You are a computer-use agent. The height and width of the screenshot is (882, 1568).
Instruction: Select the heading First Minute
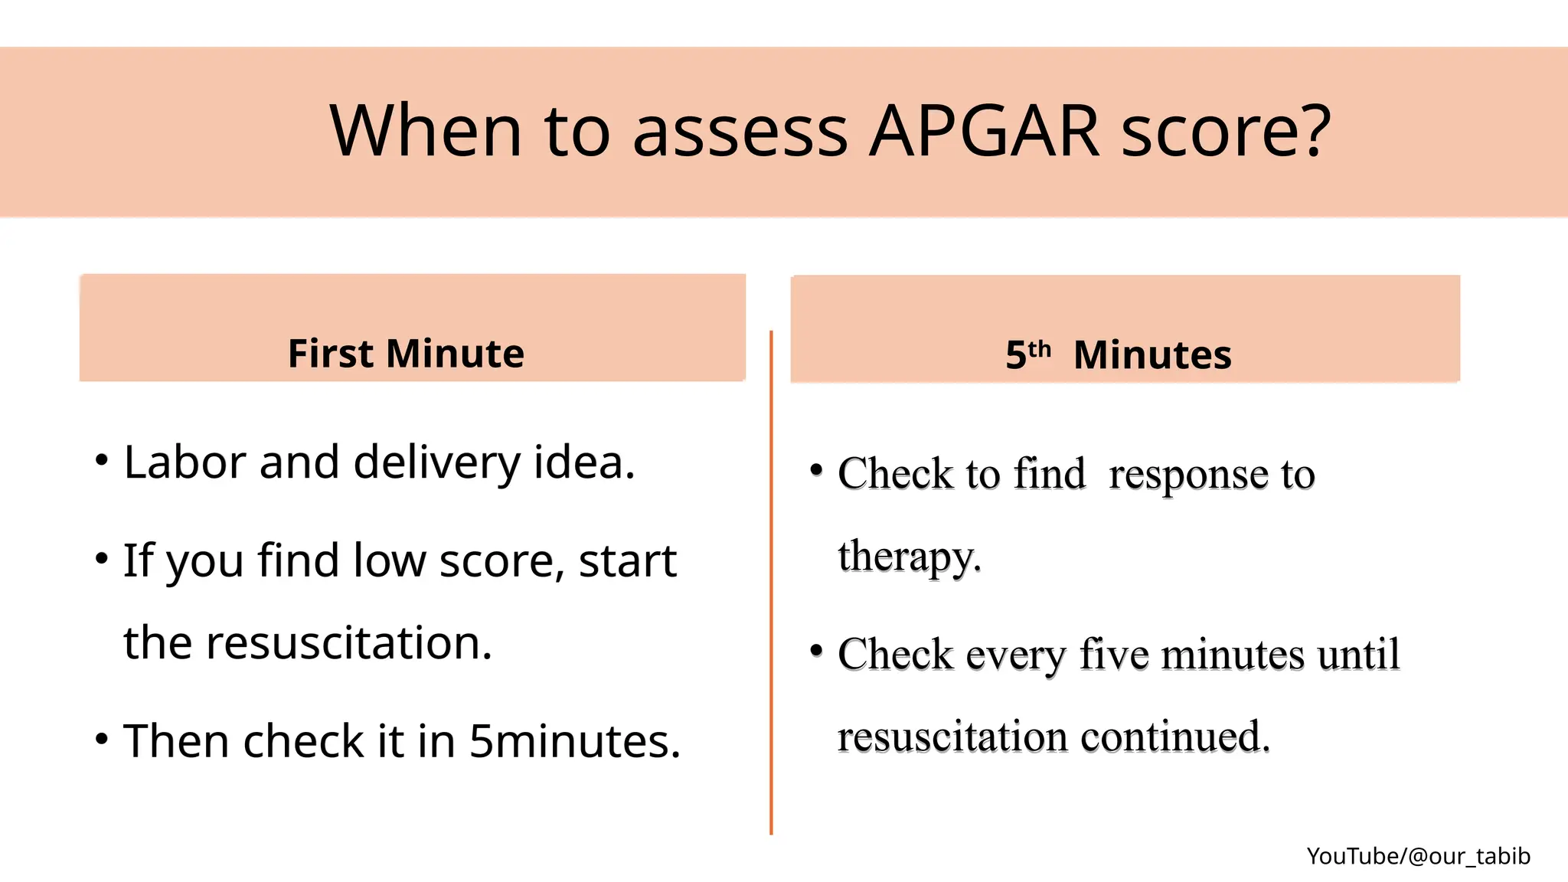point(406,354)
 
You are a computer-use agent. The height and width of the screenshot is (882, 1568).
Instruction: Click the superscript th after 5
point(1040,349)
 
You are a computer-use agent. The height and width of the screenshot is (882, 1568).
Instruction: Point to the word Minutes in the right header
point(1152,355)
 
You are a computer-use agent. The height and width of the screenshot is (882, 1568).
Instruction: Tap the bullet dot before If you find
point(101,558)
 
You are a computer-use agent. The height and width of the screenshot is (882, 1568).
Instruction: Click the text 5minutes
point(574,741)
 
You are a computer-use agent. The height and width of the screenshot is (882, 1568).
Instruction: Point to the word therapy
point(909,557)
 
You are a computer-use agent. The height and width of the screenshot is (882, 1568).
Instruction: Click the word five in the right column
point(1114,655)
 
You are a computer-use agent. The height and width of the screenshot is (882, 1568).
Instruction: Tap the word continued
point(1175,737)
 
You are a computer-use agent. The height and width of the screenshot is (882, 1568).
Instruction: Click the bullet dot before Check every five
point(816,651)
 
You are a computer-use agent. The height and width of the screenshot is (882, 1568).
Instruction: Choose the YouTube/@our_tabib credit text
point(1418,856)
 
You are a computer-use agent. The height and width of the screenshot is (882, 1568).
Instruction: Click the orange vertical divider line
point(771,582)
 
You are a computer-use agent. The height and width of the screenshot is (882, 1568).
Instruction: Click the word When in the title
point(426,132)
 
